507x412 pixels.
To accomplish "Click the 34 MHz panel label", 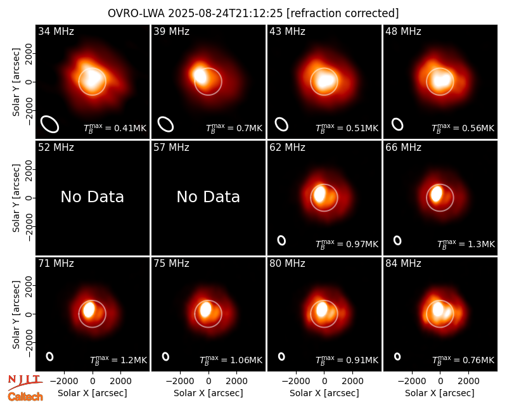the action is [56, 31].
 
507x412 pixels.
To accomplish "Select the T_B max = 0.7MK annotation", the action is [234, 128].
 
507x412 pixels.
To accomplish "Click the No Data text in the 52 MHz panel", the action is [92, 196].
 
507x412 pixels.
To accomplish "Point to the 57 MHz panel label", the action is [171, 148].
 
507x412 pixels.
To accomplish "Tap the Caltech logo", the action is [25, 397].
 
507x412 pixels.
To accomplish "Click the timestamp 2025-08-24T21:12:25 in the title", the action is [225, 13].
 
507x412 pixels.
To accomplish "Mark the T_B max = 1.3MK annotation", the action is [466, 244].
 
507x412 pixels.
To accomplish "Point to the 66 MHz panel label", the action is [403, 148].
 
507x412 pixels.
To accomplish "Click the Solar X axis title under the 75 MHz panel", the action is [209, 393].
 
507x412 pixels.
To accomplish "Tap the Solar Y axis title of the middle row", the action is [16, 198].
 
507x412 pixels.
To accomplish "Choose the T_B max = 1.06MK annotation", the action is [231, 360].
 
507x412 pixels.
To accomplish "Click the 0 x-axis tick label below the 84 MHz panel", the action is [440, 382].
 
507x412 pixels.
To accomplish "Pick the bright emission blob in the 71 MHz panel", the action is [89, 309].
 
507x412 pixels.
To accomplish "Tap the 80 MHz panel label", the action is [287, 264].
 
